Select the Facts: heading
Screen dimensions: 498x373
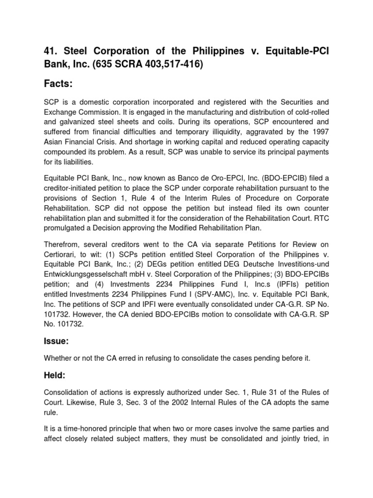click(x=58, y=85)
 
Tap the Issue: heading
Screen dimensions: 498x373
click(x=56, y=342)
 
